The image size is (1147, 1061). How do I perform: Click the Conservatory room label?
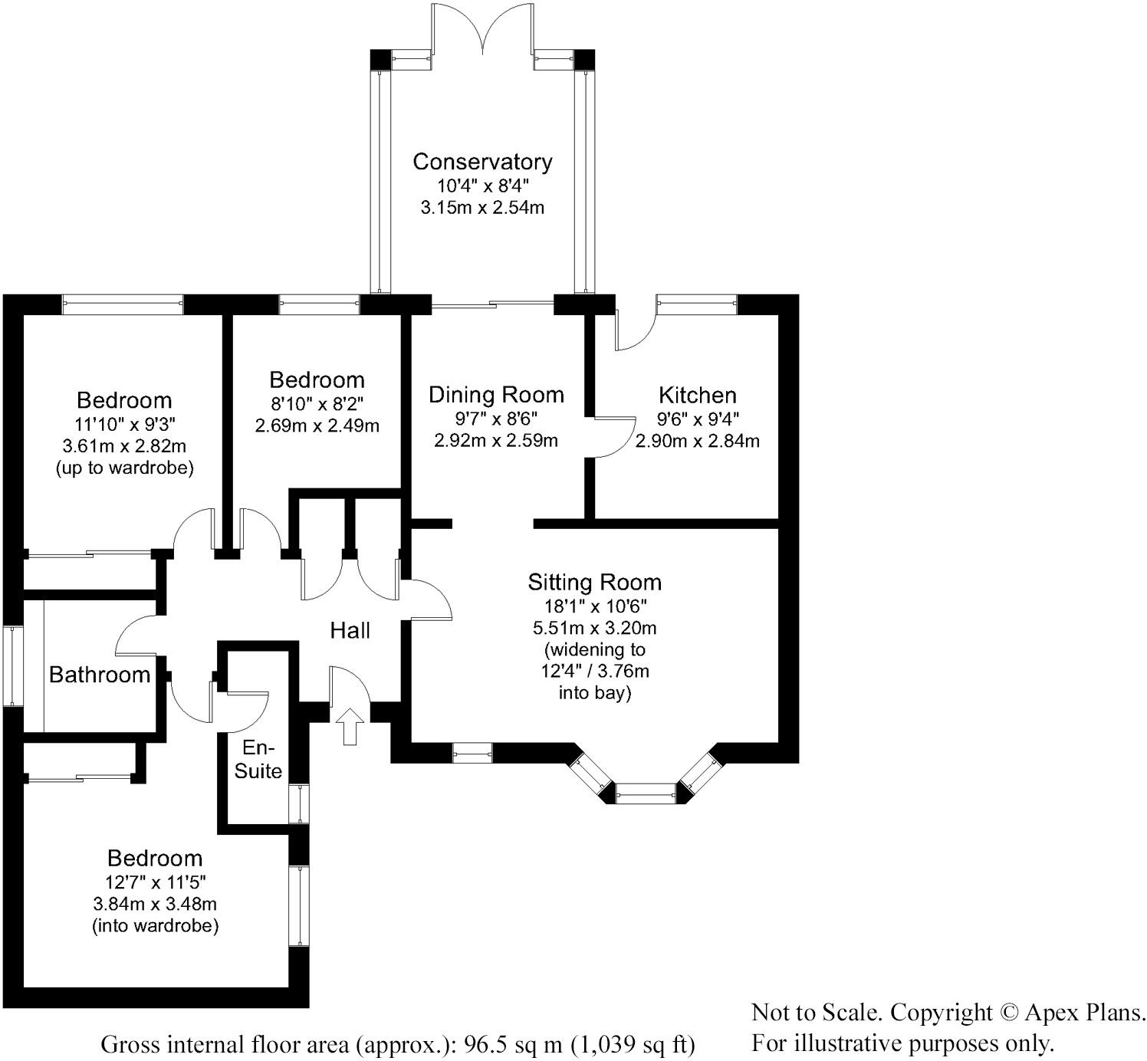click(x=482, y=162)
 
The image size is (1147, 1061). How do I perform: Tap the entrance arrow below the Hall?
click(x=350, y=725)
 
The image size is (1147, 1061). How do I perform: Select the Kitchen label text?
click(x=698, y=396)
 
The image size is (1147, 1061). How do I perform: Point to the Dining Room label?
click(x=496, y=395)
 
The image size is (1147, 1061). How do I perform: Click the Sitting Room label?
click(x=594, y=583)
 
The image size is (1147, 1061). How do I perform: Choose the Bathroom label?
click(x=100, y=675)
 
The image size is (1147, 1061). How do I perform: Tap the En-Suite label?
click(x=258, y=759)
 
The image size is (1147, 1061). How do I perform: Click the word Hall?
click(x=350, y=631)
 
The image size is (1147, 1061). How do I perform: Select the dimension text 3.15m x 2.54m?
click(x=482, y=208)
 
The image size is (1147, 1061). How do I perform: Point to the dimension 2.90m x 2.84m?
click(x=698, y=442)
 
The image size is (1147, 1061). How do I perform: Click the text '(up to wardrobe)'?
click(x=124, y=468)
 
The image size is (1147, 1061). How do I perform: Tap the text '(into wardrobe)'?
click(x=156, y=926)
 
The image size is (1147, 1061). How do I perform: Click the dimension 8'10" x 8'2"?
click(x=317, y=402)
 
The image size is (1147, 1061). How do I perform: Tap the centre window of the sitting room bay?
click(x=646, y=793)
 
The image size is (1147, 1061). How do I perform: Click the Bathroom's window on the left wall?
click(x=13, y=665)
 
